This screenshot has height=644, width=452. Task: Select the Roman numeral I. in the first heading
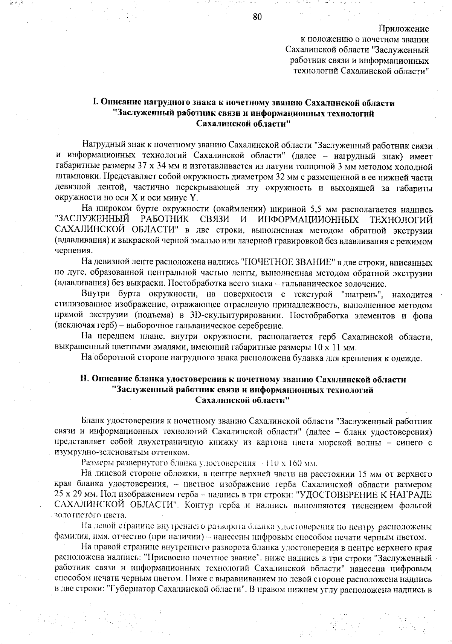click(x=96, y=102)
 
